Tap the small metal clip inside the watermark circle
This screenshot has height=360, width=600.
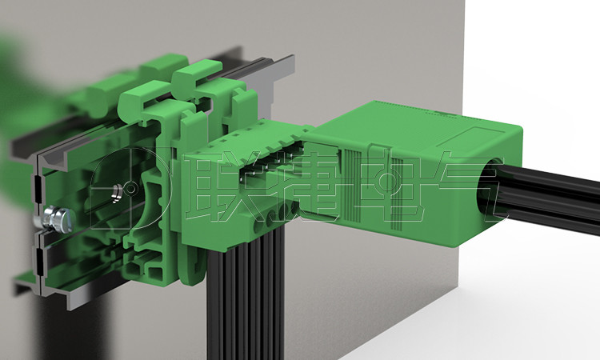[x=117, y=193]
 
